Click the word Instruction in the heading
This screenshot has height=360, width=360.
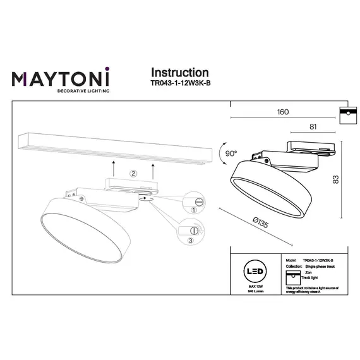coord(180,73)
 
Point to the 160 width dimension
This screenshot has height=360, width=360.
coord(282,112)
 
